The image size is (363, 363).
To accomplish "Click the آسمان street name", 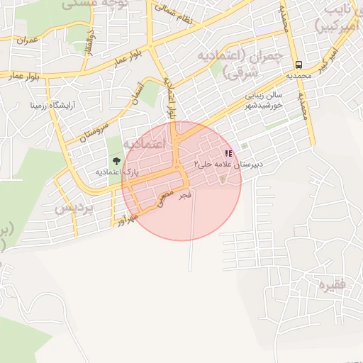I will [137, 96].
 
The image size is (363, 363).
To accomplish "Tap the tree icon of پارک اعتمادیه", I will [116, 161].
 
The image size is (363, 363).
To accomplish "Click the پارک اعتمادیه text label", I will [116, 172].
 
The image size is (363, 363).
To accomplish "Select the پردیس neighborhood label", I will [73, 209].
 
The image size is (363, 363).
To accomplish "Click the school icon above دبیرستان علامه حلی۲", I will [228, 152].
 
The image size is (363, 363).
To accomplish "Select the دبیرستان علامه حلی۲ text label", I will [228, 164].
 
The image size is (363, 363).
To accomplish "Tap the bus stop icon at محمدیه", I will [298, 62].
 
